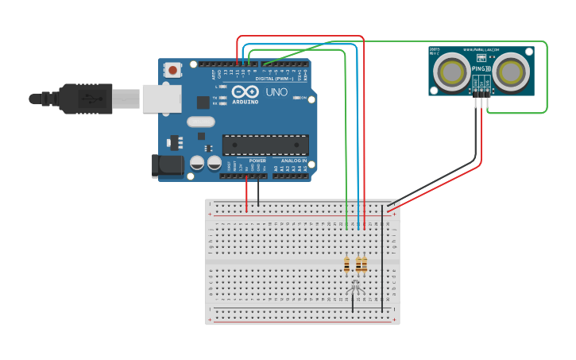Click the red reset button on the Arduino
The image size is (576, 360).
[x=172, y=71]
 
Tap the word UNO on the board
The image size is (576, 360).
[x=276, y=92]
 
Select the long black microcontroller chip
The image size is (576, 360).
[x=265, y=145]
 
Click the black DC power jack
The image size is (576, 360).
[x=166, y=165]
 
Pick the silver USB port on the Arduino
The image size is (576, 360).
[x=161, y=99]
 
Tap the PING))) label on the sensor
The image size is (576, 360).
[x=481, y=69]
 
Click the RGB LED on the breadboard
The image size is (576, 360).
[x=355, y=284]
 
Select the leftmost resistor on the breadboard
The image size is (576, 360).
[x=346, y=264]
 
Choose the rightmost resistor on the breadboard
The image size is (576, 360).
[x=365, y=264]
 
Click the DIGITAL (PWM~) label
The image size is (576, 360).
[x=273, y=78]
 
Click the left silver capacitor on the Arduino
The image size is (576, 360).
[x=197, y=163]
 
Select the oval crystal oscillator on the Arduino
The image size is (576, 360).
[x=201, y=122]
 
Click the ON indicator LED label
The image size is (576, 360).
[x=304, y=98]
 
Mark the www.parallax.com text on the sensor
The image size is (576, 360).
[x=481, y=49]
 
